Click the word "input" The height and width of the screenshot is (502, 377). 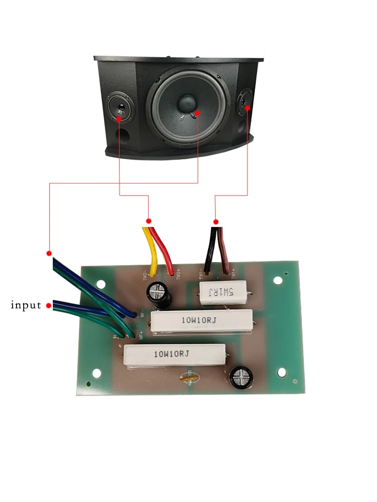point(26,305)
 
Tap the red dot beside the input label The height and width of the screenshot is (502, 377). point(49,305)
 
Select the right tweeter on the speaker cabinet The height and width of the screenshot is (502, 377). point(246,100)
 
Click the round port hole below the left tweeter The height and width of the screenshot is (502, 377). point(123,136)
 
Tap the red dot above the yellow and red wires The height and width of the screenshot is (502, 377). point(149,221)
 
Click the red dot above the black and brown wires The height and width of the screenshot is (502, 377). point(216,221)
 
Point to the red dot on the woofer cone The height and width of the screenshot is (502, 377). point(198,113)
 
